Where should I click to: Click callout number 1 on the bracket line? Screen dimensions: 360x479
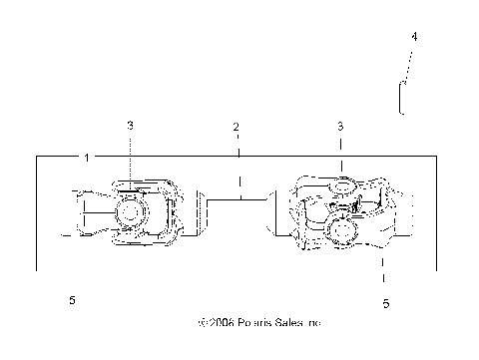point(87,157)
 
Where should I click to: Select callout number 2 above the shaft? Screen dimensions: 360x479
point(237,127)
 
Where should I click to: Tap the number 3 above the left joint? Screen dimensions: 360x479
point(130,125)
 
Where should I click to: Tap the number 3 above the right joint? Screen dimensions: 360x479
point(341,127)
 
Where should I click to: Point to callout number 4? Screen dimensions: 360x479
point(414,37)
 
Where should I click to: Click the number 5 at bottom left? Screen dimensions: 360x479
point(72,299)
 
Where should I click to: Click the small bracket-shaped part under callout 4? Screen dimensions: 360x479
point(401,99)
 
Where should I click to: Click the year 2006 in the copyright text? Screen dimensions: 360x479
point(223,323)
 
